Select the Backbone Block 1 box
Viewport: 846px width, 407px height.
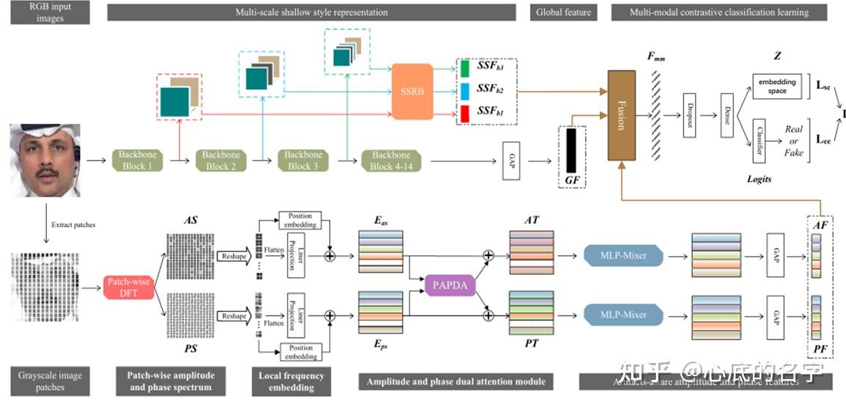coord(139,160)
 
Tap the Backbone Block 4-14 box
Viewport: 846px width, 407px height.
coord(390,160)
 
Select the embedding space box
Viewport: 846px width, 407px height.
coord(777,87)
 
